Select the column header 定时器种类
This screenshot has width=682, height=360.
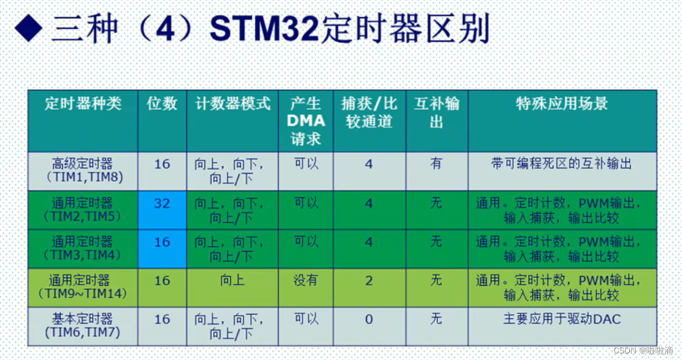[x=83, y=103]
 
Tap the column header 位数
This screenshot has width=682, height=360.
[x=162, y=103]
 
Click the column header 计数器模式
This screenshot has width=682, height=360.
[x=232, y=103]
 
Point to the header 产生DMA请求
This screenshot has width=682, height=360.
[x=306, y=121]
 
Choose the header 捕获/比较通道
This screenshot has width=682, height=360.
[x=369, y=112]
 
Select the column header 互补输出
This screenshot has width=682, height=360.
[x=437, y=112]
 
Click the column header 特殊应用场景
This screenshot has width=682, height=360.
[x=562, y=103]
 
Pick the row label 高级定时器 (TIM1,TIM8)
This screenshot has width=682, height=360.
[x=83, y=170]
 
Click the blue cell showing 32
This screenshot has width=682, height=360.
[x=162, y=203]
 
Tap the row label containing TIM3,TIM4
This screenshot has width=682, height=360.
[x=83, y=248]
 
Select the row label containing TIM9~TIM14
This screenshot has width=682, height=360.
[x=83, y=287]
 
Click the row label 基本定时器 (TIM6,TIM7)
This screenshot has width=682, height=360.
[x=83, y=326]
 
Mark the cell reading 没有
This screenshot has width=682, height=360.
[x=306, y=280]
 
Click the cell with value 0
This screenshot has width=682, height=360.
[x=369, y=320]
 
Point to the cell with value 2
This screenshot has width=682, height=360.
[x=369, y=280]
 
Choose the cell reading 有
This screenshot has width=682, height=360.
[x=437, y=163]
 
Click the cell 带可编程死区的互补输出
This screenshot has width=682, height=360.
[x=562, y=164]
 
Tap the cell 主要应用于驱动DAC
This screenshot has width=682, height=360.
[x=562, y=320]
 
